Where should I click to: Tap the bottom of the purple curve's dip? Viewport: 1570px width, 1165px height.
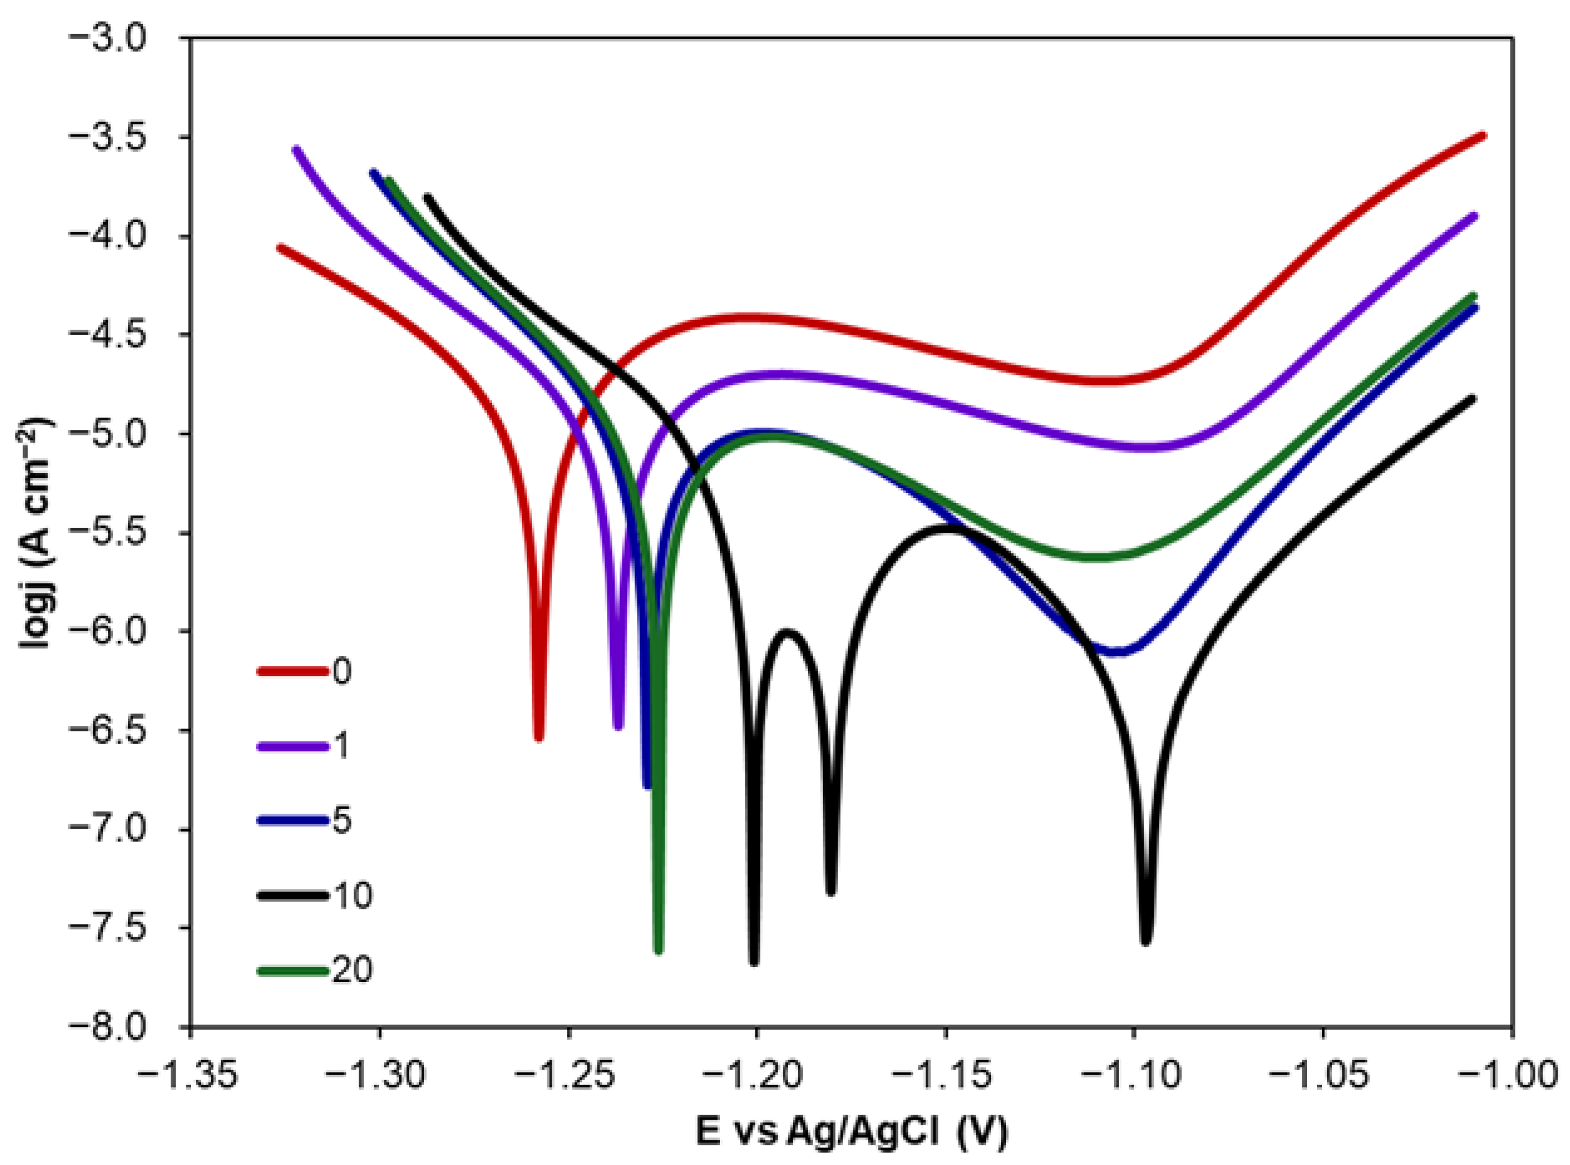tap(619, 726)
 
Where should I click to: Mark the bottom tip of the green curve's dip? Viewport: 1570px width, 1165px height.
tap(659, 951)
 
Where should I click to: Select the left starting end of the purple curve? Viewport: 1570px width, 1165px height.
tap(296, 149)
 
